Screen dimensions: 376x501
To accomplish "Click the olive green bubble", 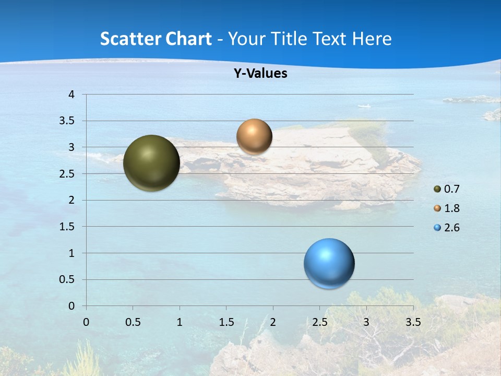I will [x=151, y=163].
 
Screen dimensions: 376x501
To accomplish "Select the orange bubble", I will [x=254, y=136].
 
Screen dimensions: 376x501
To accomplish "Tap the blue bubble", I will [x=329, y=263].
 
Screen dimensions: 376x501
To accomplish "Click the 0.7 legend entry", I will [x=447, y=189].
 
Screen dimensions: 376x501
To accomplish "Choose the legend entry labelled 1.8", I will [x=447, y=208].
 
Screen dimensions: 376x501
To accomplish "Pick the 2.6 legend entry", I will [x=447, y=228].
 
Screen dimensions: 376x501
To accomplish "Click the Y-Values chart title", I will [x=260, y=74].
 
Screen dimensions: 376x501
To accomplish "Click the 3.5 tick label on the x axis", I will [x=413, y=322].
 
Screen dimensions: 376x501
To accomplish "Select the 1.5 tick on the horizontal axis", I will [x=226, y=322].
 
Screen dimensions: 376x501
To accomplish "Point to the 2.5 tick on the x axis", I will [x=319, y=322].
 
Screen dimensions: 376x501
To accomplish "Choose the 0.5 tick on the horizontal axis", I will [x=133, y=322].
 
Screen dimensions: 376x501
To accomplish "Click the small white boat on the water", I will [x=364, y=106].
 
